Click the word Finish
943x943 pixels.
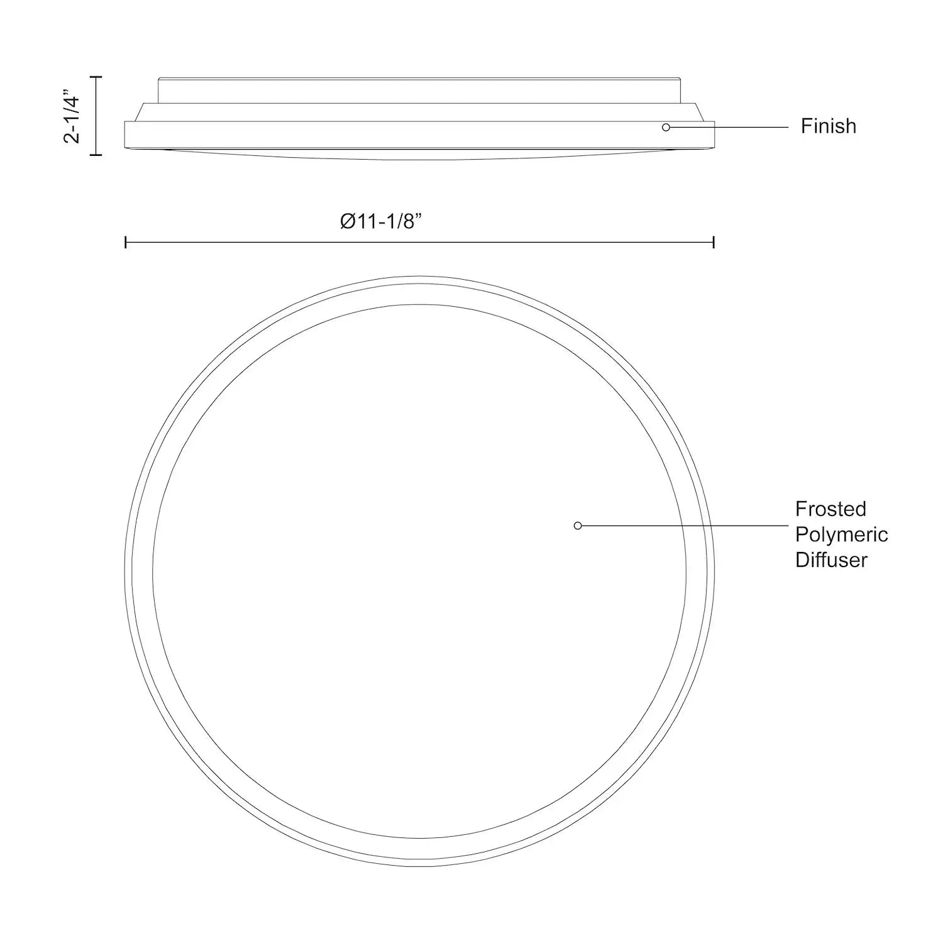(828, 126)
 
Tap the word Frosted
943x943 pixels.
(830, 509)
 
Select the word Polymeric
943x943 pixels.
(841, 534)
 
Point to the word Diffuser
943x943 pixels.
(831, 560)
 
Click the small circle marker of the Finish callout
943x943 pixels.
(666, 127)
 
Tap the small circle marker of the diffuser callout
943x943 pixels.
(578, 526)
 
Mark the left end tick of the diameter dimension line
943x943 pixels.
(126, 242)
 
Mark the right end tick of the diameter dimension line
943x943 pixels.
(714, 242)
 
